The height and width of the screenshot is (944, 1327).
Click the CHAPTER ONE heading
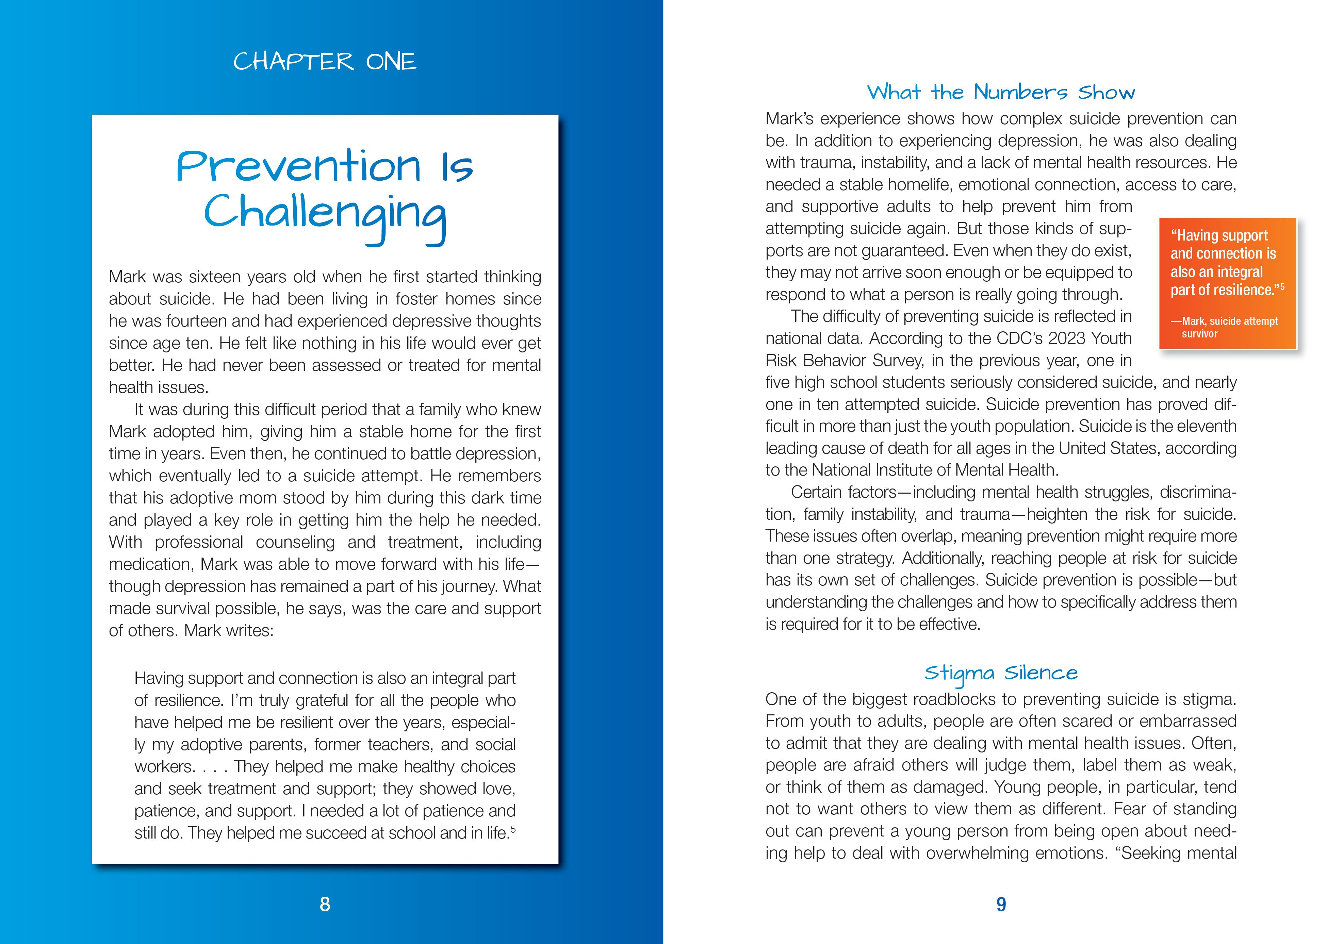325,62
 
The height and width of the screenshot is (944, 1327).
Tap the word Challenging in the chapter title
325,214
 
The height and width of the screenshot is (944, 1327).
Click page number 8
325,904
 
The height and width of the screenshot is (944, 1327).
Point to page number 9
1001,904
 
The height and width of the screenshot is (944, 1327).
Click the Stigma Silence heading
1001,673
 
